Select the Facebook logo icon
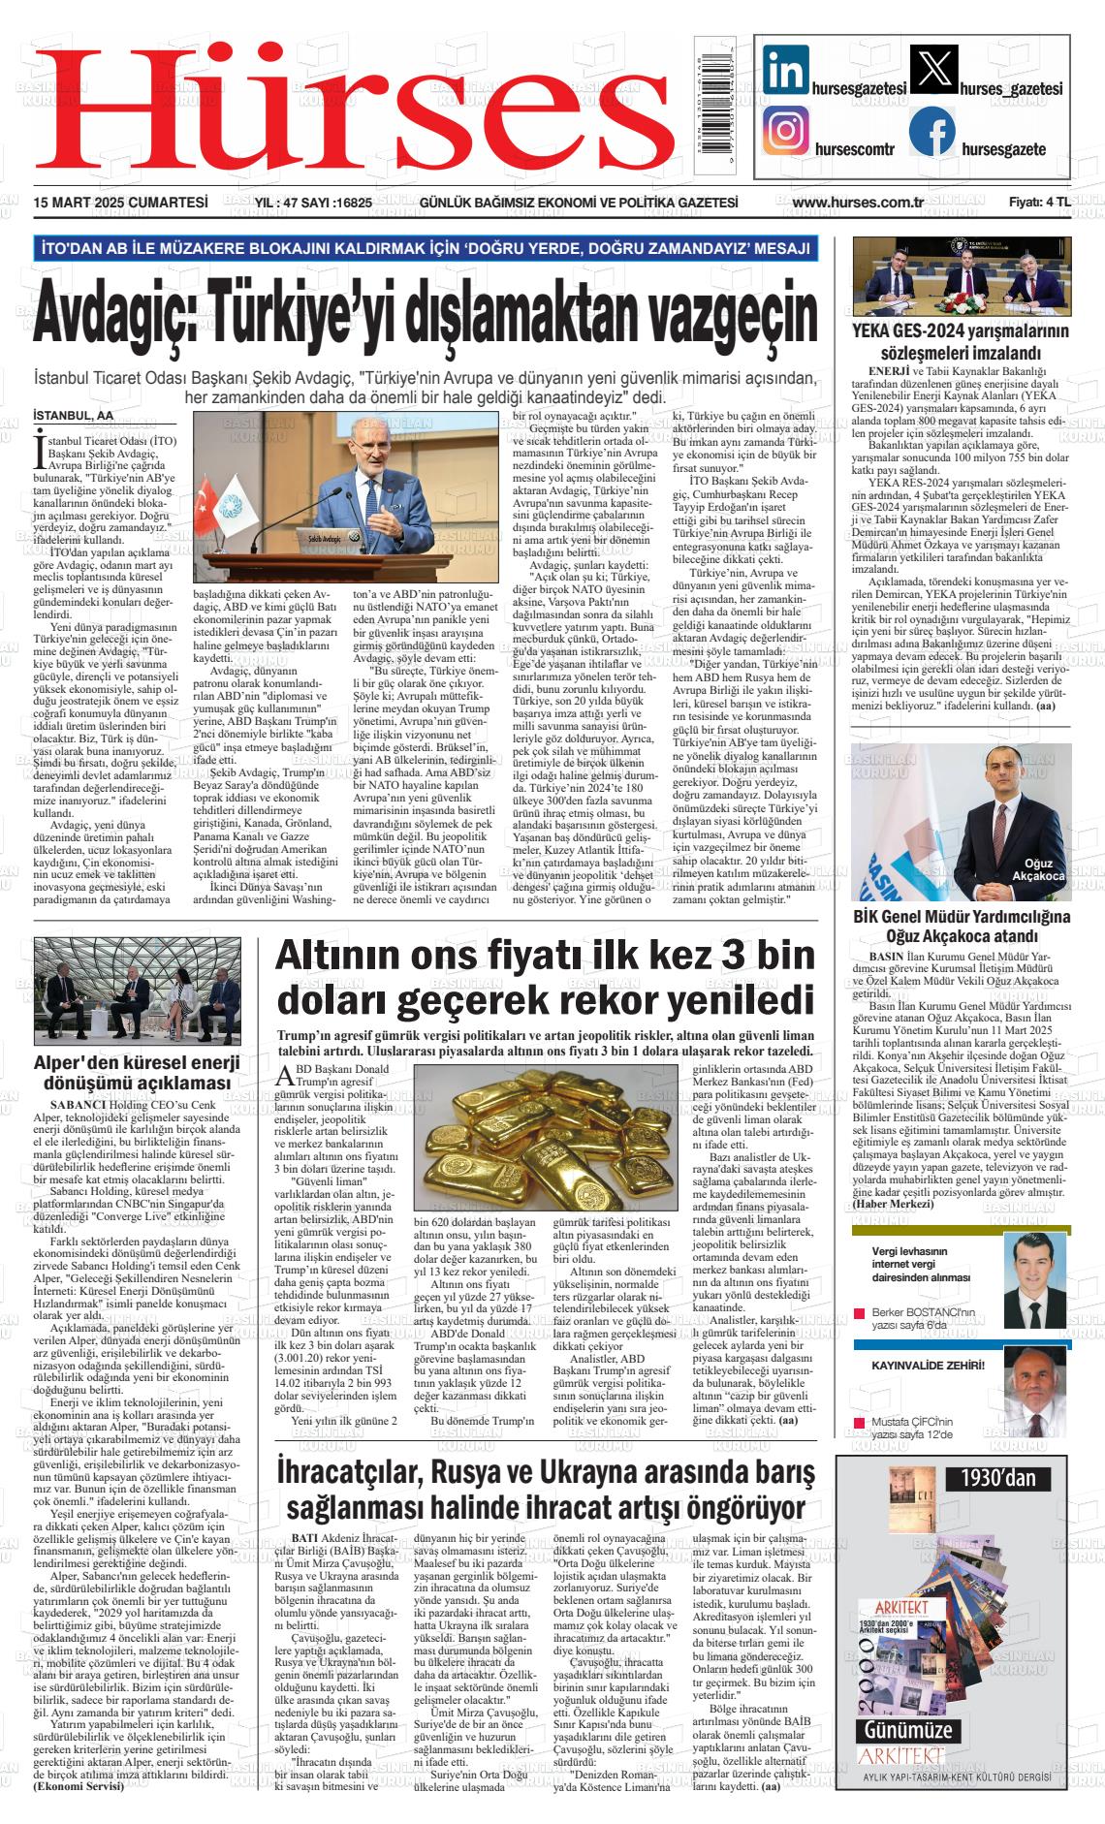[x=932, y=133]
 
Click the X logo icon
[x=933, y=71]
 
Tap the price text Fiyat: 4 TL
[x=1039, y=203]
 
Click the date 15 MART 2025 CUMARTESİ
[x=121, y=203]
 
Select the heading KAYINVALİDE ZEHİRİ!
[x=928, y=1366]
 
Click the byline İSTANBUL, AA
[x=74, y=415]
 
